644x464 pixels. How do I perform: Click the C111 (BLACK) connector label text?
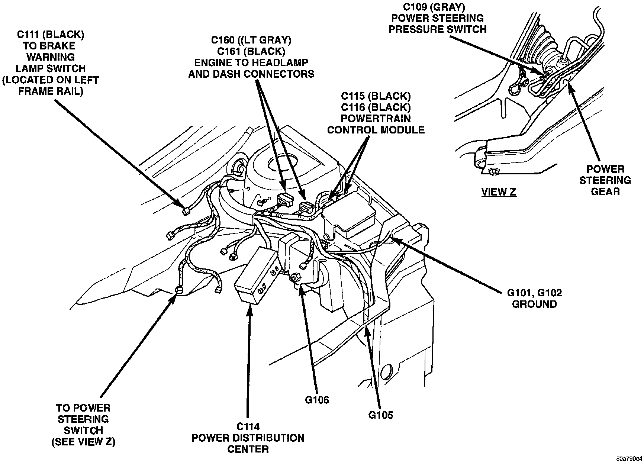pos(51,35)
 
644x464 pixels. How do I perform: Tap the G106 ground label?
pos(317,400)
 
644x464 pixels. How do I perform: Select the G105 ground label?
pos(380,415)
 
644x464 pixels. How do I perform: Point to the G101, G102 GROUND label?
pos(534,299)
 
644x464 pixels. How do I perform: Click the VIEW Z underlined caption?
pos(499,192)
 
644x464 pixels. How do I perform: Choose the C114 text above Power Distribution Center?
pos(247,426)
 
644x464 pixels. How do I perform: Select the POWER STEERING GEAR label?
pos(605,180)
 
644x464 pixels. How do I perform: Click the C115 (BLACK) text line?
pos(376,96)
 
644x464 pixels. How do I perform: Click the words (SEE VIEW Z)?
pos(83,442)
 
